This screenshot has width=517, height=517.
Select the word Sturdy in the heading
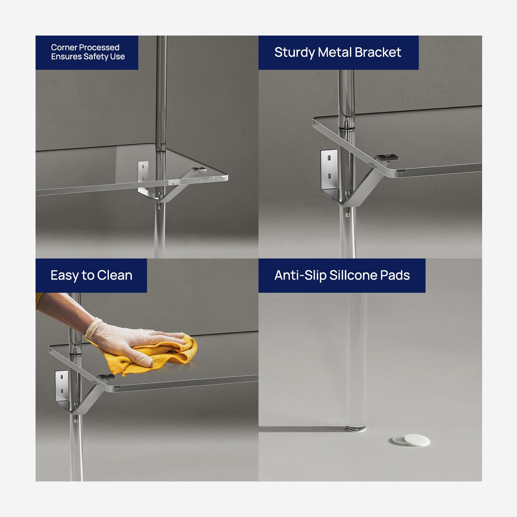(x=294, y=53)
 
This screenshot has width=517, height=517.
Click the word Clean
(x=115, y=275)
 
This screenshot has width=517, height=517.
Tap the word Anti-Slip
(x=300, y=276)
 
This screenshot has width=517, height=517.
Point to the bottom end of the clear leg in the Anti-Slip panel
(x=356, y=429)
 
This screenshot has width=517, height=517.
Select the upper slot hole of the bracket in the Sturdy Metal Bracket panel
(x=329, y=159)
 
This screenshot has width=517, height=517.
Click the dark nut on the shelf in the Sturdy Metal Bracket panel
(x=387, y=157)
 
